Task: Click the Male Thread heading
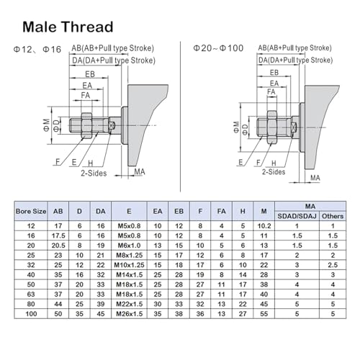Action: coord(68,27)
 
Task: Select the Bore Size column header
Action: coord(31,212)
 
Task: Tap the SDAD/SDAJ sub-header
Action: coord(297,216)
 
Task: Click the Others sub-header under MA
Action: coord(333,216)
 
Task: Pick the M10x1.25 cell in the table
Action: coord(129,265)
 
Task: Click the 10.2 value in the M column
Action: coord(264,226)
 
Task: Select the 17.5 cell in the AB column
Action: coord(58,235)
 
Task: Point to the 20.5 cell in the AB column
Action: coord(58,246)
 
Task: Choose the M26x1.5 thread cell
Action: coord(129,314)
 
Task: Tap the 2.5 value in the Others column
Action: coord(333,265)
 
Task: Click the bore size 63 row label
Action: coord(31,294)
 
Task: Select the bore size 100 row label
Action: coord(31,314)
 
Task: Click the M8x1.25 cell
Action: coord(129,255)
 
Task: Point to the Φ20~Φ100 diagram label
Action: coord(218,48)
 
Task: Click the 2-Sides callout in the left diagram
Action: coord(94,173)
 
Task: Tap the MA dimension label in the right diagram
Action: coord(315,178)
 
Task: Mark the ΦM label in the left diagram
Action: coord(47,125)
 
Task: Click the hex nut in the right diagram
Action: coord(272,127)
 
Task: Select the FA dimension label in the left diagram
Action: coord(86,95)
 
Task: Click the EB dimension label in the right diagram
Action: coord(274,73)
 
